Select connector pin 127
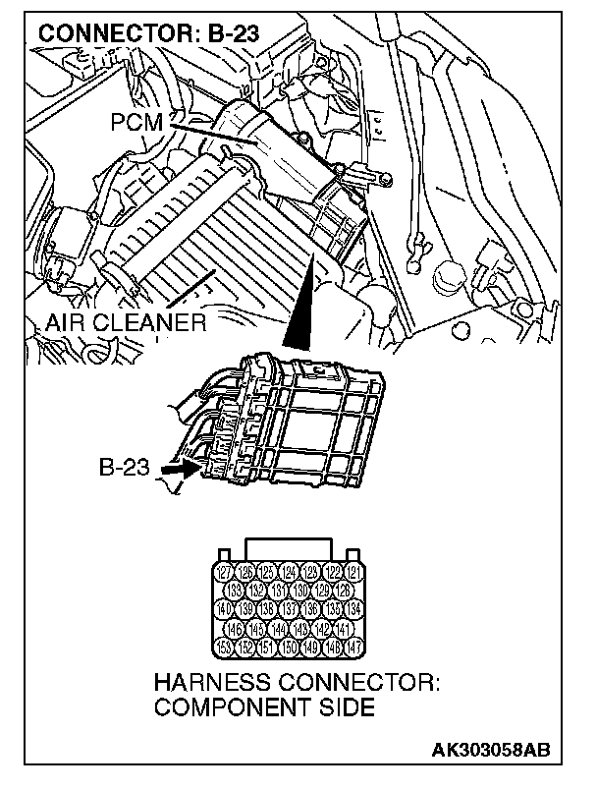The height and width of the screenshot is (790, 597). (225, 572)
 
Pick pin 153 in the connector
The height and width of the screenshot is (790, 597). (225, 647)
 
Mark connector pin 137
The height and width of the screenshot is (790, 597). (290, 609)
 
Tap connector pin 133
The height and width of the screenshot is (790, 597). (236, 591)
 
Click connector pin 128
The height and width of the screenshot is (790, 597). (345, 591)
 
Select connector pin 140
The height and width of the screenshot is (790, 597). (225, 609)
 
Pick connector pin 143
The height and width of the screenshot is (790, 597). (301, 628)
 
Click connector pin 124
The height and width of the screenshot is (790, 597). (290, 572)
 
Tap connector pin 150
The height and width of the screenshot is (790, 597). (290, 647)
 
